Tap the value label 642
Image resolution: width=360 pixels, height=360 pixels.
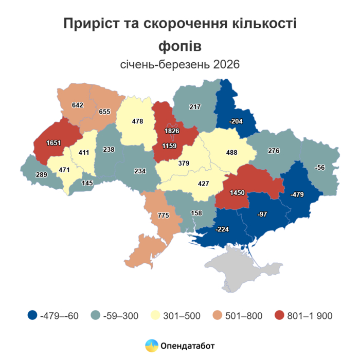tap(78, 105)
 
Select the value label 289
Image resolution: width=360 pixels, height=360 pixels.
tap(41, 175)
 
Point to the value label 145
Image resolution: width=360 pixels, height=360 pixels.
tap(87, 183)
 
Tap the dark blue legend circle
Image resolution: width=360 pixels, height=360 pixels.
tap(32, 315)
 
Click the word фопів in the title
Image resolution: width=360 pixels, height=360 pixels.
tap(180, 46)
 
